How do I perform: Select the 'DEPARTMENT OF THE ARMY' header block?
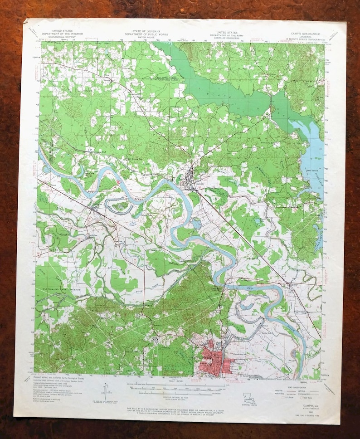(227, 35)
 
